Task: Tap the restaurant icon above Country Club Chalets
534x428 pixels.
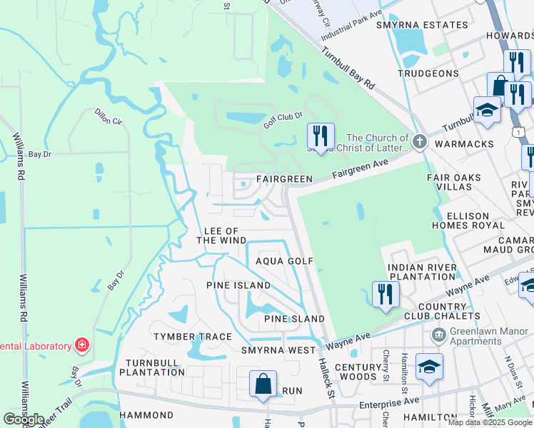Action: click(x=385, y=294)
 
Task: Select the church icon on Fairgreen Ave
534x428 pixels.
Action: click(x=420, y=143)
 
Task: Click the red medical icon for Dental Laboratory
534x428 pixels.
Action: click(x=83, y=346)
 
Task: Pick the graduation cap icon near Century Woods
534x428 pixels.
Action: click(x=429, y=367)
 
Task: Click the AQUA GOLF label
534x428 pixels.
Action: click(x=286, y=261)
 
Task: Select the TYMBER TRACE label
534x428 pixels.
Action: click(x=193, y=337)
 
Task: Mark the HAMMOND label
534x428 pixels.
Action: click(x=146, y=414)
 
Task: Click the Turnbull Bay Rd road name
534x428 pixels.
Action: click(x=348, y=68)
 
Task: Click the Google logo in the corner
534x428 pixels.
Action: click(x=24, y=419)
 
